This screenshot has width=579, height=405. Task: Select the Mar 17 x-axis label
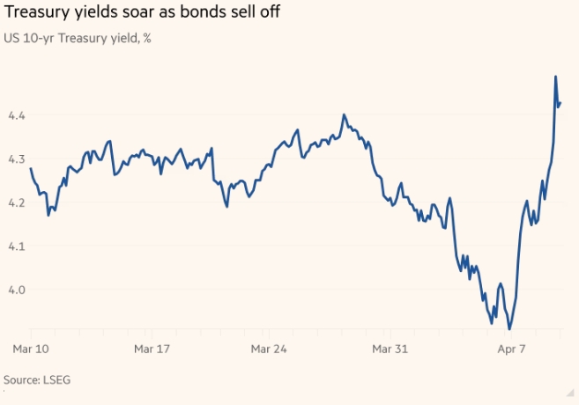pyautogui.click(x=151, y=350)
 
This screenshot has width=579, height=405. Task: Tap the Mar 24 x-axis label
pyautogui.click(x=270, y=350)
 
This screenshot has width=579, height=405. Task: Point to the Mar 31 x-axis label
pyautogui.click(x=389, y=350)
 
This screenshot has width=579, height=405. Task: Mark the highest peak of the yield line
pyautogui.click(x=555, y=77)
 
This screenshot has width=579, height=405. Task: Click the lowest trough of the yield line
pyautogui.click(x=509, y=329)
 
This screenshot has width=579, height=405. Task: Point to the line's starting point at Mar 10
pyautogui.click(x=31, y=168)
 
